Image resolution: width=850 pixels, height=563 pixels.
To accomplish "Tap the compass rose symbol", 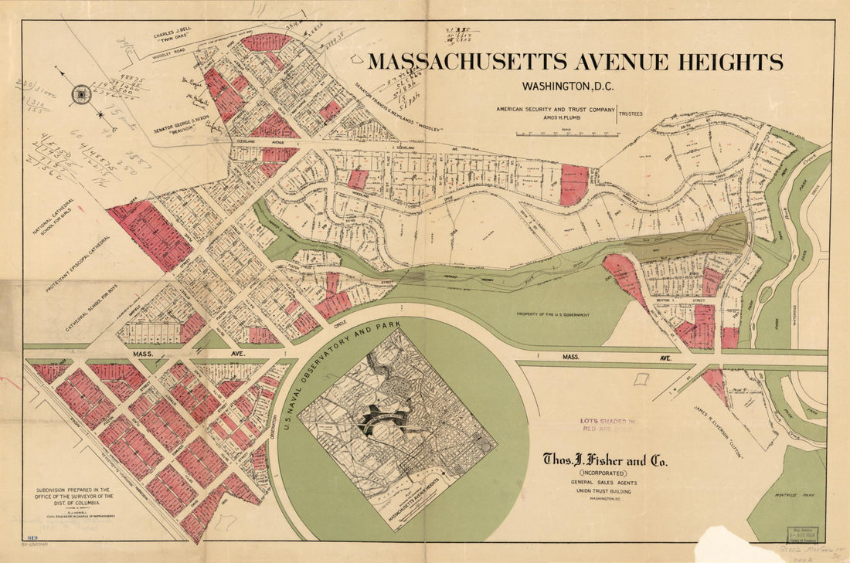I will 81,95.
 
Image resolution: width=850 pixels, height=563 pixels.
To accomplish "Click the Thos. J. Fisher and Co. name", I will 605,462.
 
